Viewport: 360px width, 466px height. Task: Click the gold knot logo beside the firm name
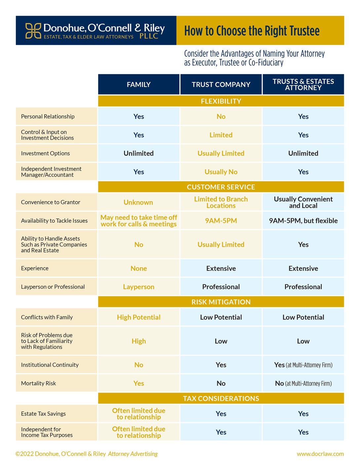[33, 30]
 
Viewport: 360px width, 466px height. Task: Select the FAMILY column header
[139, 85]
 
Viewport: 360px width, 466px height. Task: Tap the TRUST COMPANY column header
[221, 85]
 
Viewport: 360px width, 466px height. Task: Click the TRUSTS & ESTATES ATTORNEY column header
[303, 85]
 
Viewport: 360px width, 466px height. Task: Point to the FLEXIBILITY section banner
[221, 101]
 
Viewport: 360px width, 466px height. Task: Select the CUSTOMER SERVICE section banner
[221, 187]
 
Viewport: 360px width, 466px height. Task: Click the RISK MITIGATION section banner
[221, 302]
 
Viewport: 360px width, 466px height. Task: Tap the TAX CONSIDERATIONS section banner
[221, 399]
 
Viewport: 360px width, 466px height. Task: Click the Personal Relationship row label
[48, 116]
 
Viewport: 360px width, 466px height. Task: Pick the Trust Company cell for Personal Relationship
[221, 116]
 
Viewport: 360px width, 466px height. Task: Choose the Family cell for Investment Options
[139, 153]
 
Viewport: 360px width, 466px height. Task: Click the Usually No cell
[221, 172]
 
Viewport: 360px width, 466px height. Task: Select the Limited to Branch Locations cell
[221, 202]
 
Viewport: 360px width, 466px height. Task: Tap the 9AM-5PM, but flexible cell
[303, 221]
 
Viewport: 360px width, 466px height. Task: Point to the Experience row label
[35, 268]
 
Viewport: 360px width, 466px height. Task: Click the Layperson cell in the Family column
[139, 287]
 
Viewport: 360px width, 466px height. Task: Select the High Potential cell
[139, 317]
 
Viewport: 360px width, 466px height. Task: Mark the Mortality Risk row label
[38, 383]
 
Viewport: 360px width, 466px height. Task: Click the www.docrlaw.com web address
[320, 454]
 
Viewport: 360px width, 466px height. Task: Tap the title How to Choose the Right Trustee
[252, 31]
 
